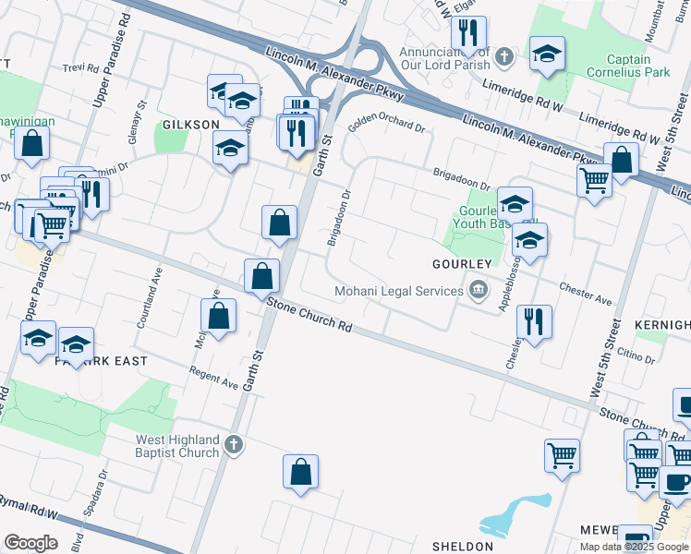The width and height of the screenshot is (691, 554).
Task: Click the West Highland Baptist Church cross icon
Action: tap(235, 445)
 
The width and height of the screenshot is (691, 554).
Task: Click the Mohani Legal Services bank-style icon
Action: tap(478, 291)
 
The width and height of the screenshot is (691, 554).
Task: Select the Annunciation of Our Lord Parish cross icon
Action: tap(503, 57)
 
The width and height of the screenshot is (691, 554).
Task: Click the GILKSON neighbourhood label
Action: tap(191, 124)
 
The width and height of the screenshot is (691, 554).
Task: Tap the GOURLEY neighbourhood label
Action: tap(459, 263)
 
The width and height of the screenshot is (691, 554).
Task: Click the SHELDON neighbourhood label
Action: tap(462, 547)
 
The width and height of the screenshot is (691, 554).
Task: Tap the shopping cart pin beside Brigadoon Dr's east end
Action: tap(593, 180)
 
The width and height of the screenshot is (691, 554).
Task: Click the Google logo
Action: tap(30, 543)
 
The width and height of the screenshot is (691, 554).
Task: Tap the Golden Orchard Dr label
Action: tap(386, 127)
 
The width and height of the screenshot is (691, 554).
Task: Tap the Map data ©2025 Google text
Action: tap(634, 547)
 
